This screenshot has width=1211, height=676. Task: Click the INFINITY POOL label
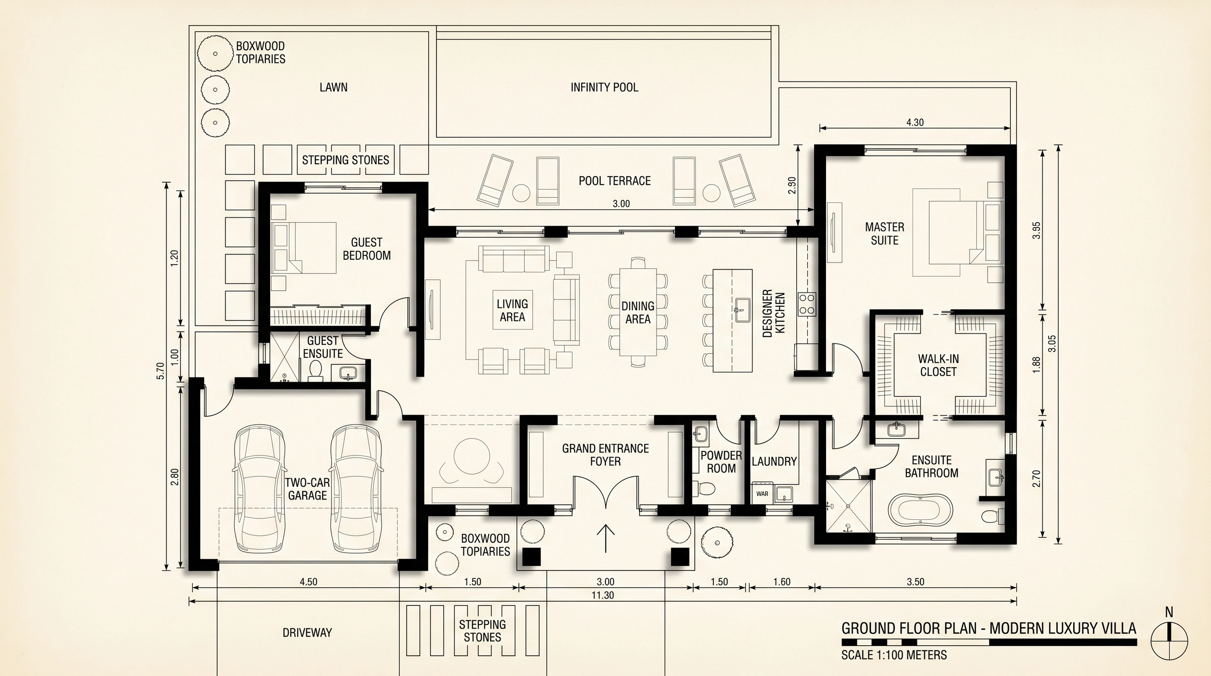[604, 88]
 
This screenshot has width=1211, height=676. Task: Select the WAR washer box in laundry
[762, 494]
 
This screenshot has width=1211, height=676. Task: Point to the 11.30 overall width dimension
[603, 596]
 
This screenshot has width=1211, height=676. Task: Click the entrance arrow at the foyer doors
[605, 539]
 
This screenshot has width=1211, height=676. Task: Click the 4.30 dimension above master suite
[915, 123]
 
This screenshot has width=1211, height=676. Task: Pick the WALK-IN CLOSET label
[938, 365]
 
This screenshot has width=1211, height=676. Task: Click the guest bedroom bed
[305, 248]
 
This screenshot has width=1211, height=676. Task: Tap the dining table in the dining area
[638, 312]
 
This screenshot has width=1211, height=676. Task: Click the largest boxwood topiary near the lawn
[215, 53]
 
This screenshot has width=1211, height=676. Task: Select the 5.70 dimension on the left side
[160, 371]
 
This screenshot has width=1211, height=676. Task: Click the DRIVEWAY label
[307, 632]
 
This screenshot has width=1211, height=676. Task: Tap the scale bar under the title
[989, 642]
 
